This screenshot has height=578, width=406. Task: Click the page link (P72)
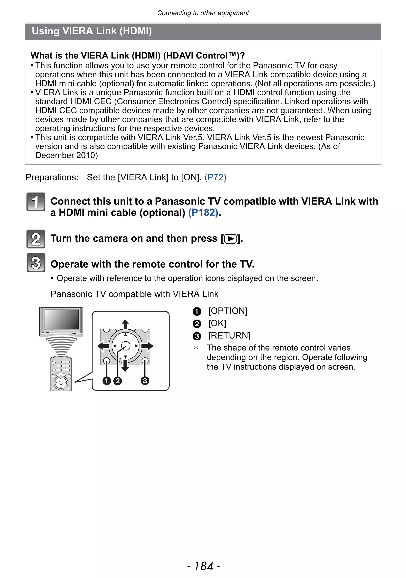click(x=215, y=178)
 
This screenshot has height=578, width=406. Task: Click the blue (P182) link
click(x=203, y=213)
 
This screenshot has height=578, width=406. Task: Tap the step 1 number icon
click(x=36, y=202)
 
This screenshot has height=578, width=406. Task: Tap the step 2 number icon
click(x=36, y=239)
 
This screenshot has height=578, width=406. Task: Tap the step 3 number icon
click(x=36, y=263)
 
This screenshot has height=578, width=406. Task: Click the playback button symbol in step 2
click(x=230, y=239)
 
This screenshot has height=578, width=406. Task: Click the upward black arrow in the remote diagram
click(x=125, y=324)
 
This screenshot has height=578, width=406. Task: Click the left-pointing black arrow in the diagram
click(x=103, y=346)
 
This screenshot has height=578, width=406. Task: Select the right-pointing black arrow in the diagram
click(x=147, y=346)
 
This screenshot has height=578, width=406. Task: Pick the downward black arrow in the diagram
click(x=125, y=367)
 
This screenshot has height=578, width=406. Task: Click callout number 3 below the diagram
click(x=145, y=381)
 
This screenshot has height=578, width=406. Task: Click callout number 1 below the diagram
click(x=107, y=381)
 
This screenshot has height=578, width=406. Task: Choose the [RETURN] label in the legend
click(x=229, y=336)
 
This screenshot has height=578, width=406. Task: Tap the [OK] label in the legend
click(x=217, y=323)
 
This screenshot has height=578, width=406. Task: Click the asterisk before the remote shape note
click(x=196, y=348)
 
